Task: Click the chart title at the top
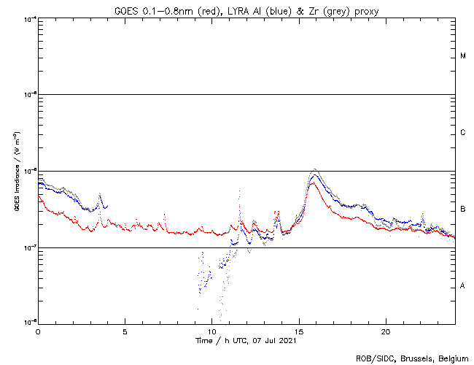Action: click(246, 9)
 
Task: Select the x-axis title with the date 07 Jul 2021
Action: click(246, 340)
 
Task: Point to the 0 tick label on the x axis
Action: click(38, 331)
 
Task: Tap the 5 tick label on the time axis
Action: click(125, 331)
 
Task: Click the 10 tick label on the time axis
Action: click(211, 331)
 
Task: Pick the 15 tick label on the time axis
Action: click(298, 331)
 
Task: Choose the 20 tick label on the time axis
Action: click(385, 331)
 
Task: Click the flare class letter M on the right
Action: click(463, 56)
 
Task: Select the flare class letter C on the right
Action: click(463, 133)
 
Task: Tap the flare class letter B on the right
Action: click(463, 210)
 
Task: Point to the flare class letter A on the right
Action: click(463, 286)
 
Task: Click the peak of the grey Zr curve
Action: click(314, 169)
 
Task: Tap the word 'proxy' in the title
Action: click(365, 9)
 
